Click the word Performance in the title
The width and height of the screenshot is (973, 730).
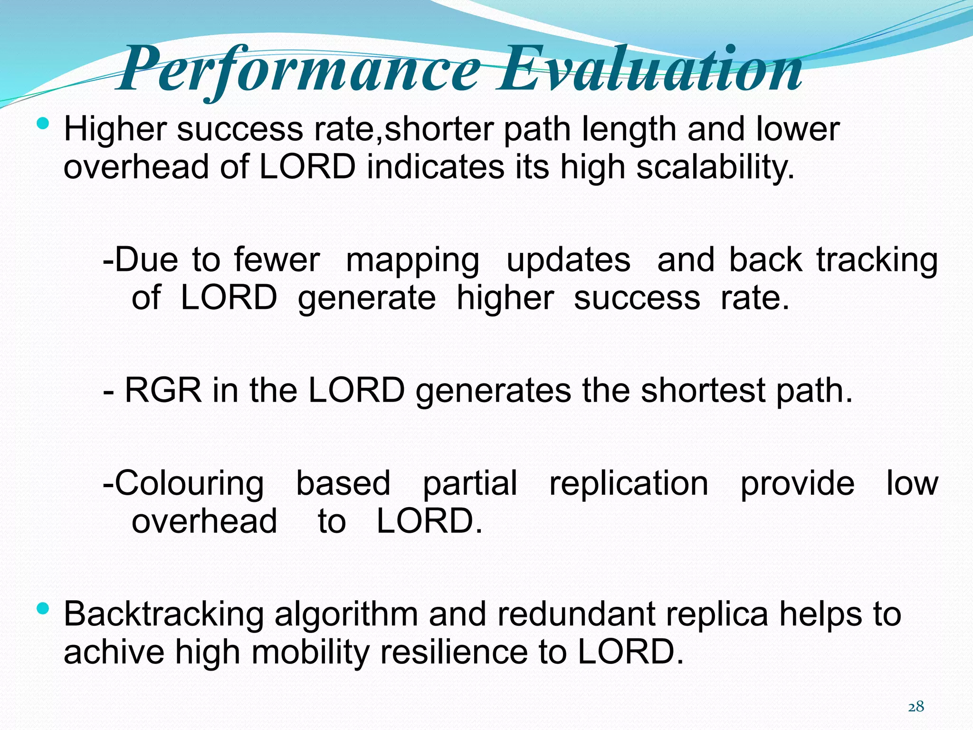point(299,70)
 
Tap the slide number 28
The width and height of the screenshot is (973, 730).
point(916,707)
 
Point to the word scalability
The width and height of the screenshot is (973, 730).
point(715,167)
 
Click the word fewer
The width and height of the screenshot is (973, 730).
point(277,260)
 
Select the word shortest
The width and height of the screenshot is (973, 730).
point(703,391)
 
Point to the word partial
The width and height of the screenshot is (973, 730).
point(469,484)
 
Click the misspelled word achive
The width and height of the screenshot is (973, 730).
point(114,652)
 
